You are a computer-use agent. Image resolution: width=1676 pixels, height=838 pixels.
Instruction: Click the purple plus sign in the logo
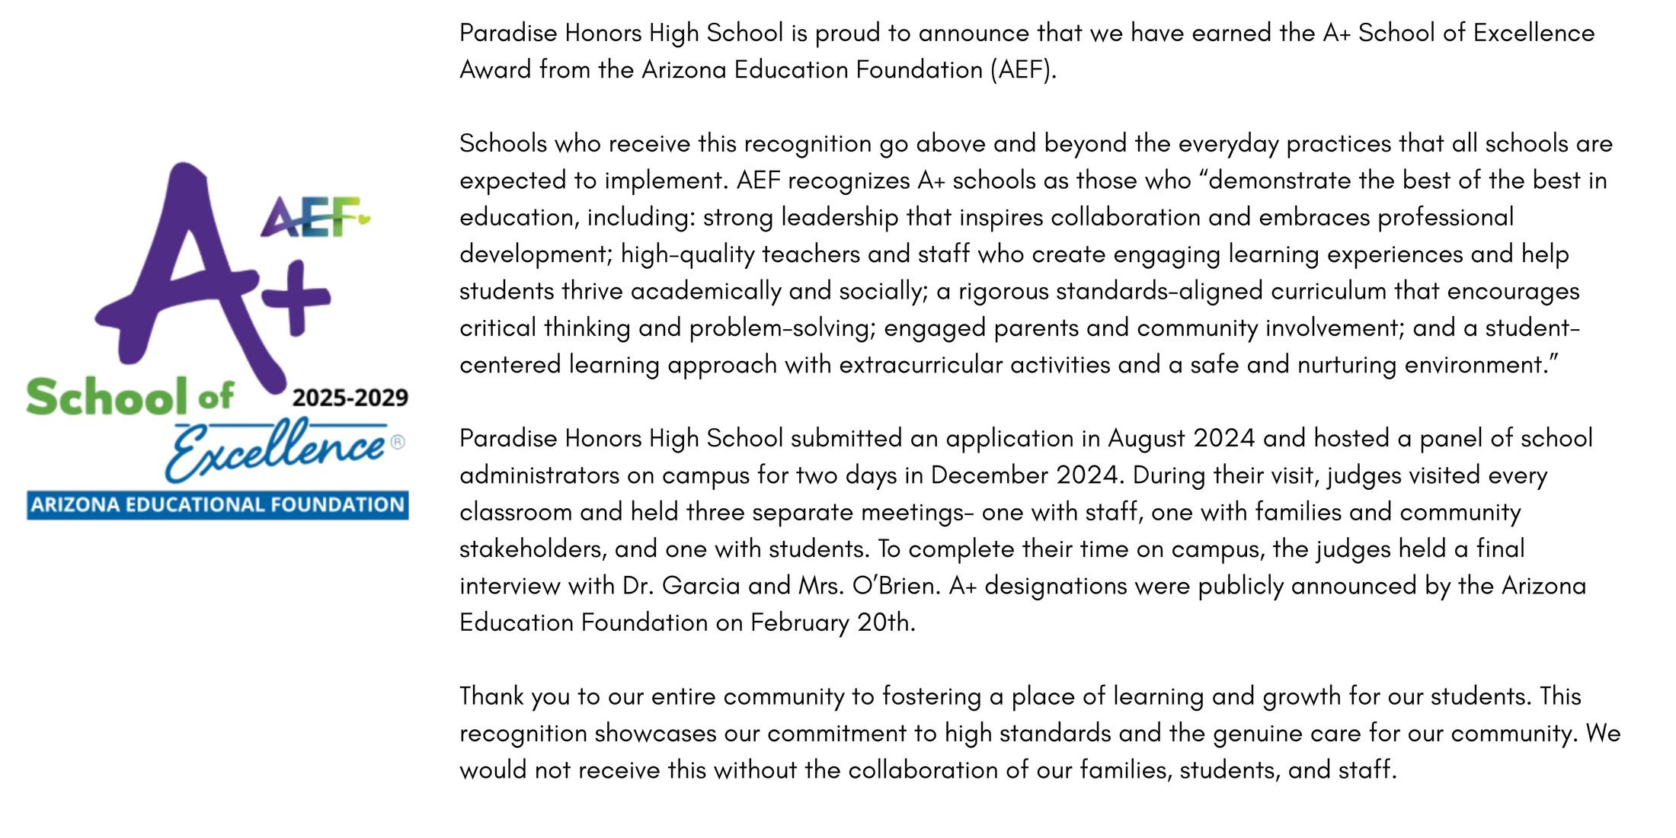tap(296, 297)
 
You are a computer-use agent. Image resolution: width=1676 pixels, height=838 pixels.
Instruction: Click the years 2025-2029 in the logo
tap(350, 398)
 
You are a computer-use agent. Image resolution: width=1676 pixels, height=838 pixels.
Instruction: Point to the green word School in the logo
tap(107, 397)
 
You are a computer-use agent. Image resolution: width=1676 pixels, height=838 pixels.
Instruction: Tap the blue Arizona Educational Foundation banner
tap(218, 505)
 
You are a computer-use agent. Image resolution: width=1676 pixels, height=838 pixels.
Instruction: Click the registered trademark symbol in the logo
tap(398, 442)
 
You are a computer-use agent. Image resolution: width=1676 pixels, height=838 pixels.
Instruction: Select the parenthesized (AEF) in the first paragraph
tap(1023, 70)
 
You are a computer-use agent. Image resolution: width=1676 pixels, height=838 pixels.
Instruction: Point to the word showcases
tap(655, 733)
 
